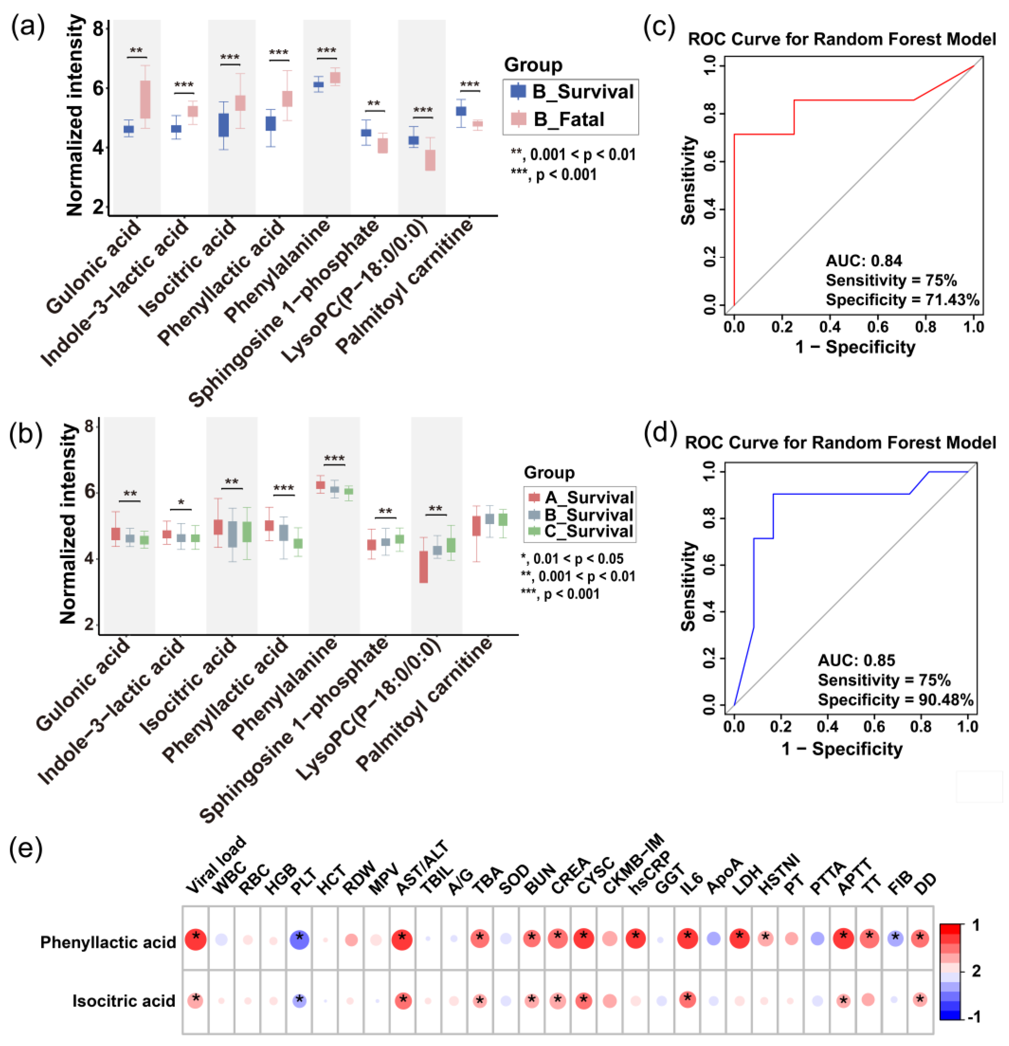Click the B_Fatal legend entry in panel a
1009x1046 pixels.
[568, 119]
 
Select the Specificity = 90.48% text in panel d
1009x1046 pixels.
[895, 699]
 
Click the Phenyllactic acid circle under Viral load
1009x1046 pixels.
[196, 939]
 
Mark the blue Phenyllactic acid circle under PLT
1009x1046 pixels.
[300, 940]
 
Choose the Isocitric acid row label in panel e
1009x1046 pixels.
[124, 1001]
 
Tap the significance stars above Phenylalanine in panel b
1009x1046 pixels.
[334, 458]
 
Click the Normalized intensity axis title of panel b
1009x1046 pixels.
[68, 523]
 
